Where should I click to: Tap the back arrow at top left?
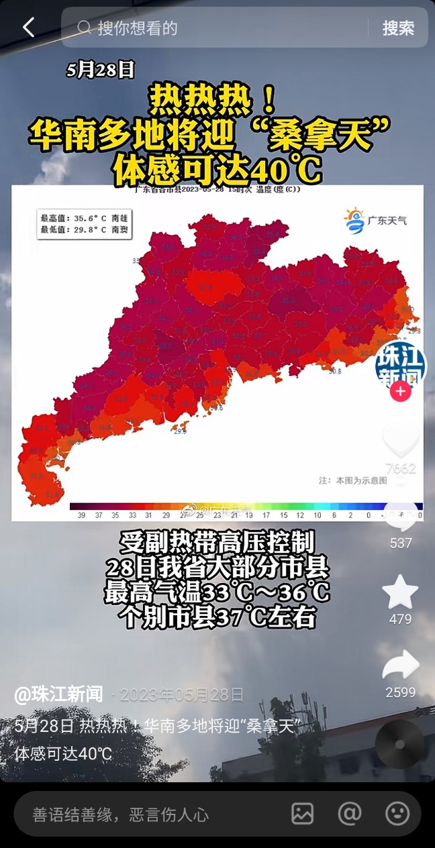(28, 28)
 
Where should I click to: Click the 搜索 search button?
(398, 28)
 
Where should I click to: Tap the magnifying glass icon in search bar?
(84, 28)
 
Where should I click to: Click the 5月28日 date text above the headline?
(101, 70)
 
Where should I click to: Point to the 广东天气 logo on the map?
(376, 220)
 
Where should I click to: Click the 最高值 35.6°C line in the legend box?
(85, 218)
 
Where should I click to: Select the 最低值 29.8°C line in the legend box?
(85, 229)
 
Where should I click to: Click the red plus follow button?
(401, 391)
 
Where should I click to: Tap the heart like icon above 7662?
(401, 440)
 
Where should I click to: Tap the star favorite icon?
(400, 592)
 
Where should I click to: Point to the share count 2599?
(401, 692)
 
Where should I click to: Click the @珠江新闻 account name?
(58, 694)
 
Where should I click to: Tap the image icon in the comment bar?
(302, 814)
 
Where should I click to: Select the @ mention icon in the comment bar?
(350, 814)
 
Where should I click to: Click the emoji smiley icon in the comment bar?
(397, 814)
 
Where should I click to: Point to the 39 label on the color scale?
(81, 515)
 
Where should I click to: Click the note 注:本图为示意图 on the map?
(352, 480)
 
